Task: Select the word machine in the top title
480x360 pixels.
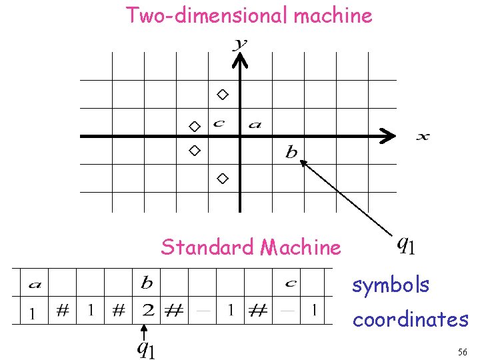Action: tap(332, 15)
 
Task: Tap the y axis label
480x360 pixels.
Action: tap(239, 44)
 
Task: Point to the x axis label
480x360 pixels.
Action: tap(423, 137)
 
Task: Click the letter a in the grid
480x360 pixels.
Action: tap(255, 123)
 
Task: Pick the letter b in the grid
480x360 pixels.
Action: tap(291, 153)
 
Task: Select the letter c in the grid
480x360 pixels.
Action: tap(218, 123)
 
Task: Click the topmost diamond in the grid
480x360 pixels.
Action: tap(223, 94)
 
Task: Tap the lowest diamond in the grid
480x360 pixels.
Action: tap(223, 178)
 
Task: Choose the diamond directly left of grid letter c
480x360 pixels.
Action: tap(194, 125)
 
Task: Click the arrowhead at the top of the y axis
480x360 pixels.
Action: tap(239, 59)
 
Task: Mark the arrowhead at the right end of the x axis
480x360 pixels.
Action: tap(387, 136)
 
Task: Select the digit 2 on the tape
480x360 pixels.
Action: tap(149, 310)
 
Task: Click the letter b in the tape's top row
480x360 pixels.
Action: tap(147, 283)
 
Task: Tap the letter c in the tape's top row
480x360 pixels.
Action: tap(290, 283)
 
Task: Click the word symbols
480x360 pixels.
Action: tap(391, 285)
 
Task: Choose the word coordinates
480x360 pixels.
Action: tap(410, 320)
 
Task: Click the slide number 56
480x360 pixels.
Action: tap(463, 351)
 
